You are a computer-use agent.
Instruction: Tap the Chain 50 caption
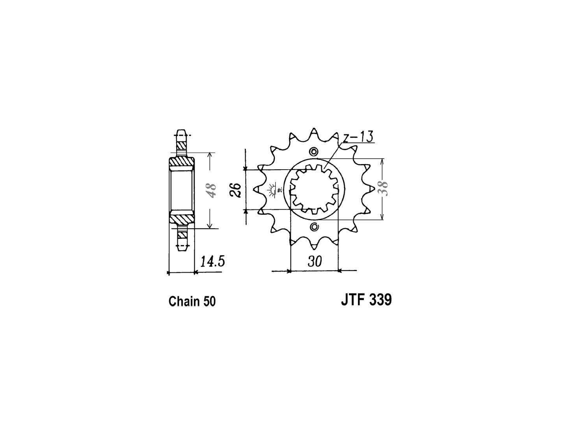[x=192, y=301]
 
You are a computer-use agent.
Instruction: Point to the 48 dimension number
[x=212, y=190]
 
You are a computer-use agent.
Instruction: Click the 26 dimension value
[x=235, y=190]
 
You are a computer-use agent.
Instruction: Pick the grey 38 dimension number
[x=383, y=189]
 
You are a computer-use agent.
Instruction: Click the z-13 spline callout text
[x=358, y=137]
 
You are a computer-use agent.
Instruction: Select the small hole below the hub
[x=314, y=227]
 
